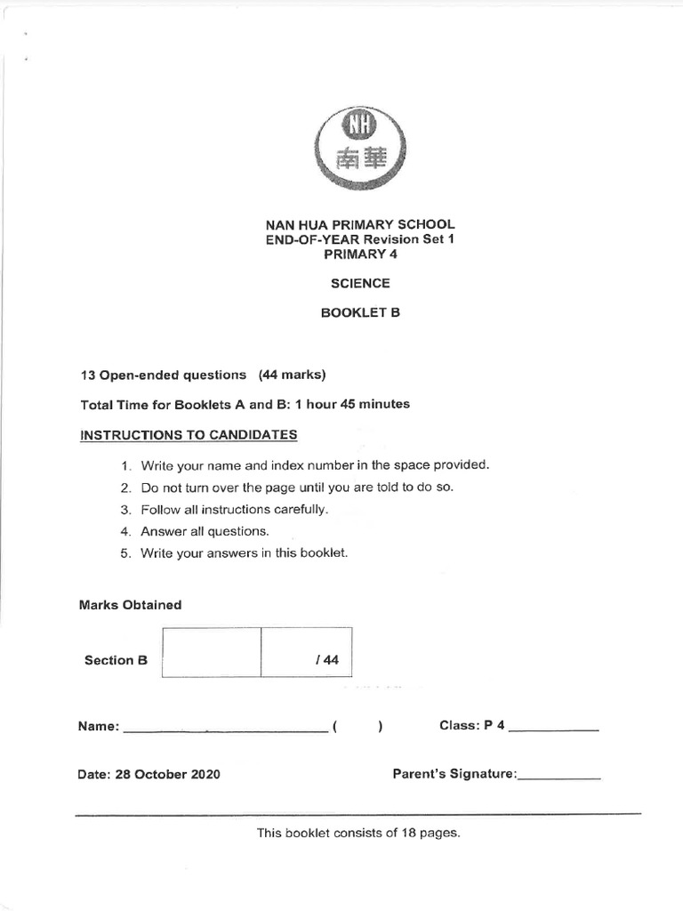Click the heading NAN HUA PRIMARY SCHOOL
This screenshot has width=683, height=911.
360,224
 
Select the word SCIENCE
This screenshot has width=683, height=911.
360,284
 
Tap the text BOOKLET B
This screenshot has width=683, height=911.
360,314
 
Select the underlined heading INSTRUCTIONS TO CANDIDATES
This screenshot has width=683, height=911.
189,435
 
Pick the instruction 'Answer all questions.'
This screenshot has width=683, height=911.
205,531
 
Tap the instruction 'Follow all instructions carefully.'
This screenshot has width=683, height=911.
235,510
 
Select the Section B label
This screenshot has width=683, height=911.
116,660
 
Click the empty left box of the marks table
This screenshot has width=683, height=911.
212,652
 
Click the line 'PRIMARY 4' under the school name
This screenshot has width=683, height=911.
360,254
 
